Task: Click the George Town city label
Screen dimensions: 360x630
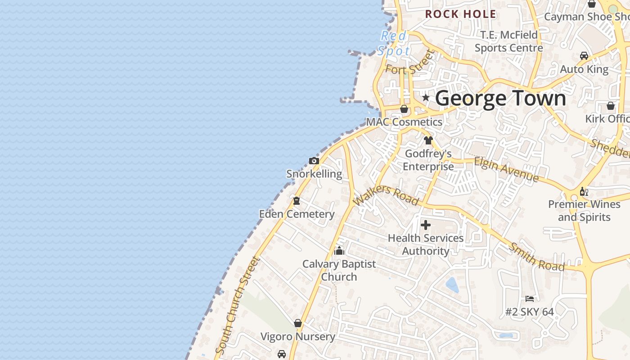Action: click(x=500, y=98)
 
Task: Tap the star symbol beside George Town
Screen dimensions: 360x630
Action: click(x=426, y=98)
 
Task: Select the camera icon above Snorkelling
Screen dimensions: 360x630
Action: click(x=314, y=161)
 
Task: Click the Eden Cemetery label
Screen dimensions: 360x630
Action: click(x=297, y=214)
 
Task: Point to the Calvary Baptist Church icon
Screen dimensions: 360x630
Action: click(x=339, y=251)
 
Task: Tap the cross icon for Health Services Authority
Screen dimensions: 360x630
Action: click(x=426, y=225)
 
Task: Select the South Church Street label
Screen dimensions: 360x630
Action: click(x=238, y=305)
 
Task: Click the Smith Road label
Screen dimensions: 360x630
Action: click(x=536, y=257)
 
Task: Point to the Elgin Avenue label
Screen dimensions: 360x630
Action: click(x=506, y=170)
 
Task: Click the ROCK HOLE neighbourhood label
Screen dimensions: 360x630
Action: click(x=460, y=14)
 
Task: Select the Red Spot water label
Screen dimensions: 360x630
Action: click(x=394, y=43)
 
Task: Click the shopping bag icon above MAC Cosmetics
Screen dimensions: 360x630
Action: click(x=404, y=109)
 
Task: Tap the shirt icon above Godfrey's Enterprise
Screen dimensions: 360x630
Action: click(x=428, y=140)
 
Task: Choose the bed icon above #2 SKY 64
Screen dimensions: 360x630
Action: click(x=530, y=299)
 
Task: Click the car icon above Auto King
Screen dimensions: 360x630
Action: click(x=584, y=56)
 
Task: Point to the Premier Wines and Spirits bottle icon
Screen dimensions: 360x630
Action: click(x=584, y=192)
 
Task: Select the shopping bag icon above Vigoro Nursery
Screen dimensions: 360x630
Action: click(x=297, y=323)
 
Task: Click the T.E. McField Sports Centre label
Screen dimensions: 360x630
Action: click(x=508, y=41)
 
